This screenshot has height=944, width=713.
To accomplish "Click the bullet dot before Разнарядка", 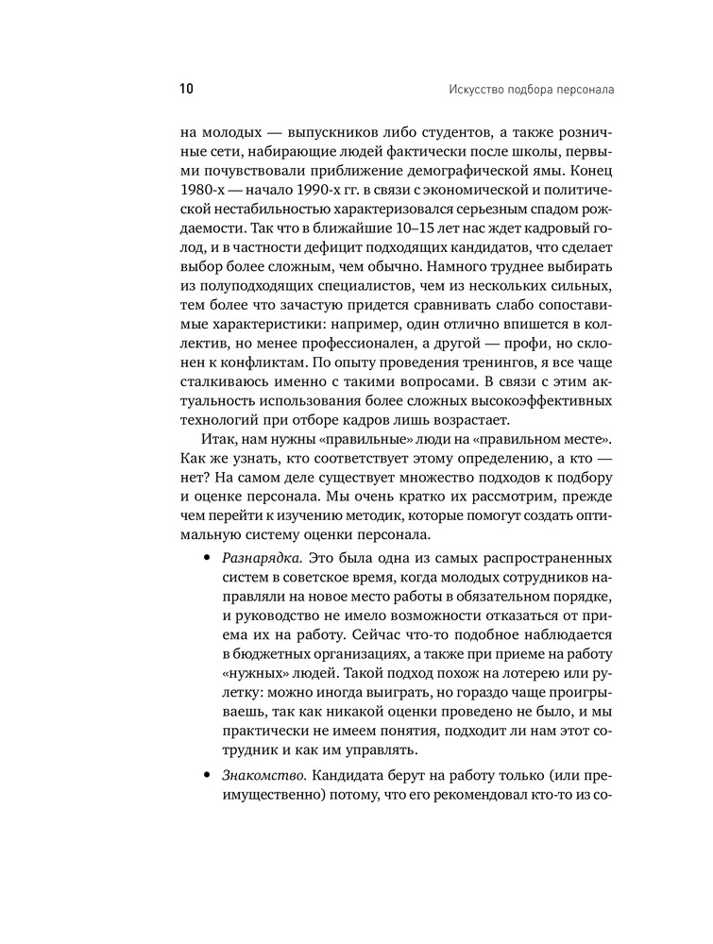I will pos(206,557).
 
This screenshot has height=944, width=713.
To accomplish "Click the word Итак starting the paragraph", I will pos(220,441).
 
